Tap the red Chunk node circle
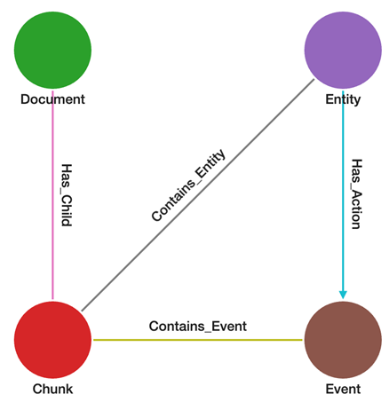point(53,339)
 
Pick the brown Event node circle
point(343,339)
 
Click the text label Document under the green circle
point(53,99)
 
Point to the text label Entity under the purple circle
point(343,99)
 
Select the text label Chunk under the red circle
point(53,390)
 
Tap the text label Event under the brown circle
point(343,390)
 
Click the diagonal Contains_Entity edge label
point(188,185)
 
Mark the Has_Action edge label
point(356,194)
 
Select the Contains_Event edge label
point(197,326)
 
